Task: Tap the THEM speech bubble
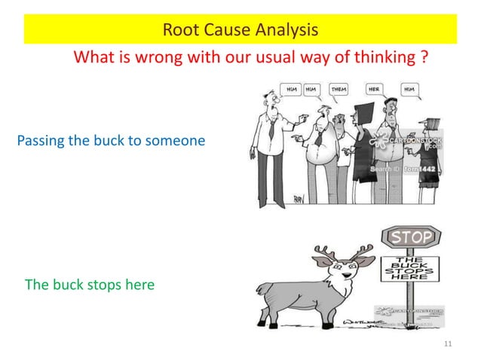click(339, 89)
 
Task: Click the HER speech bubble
click(374, 89)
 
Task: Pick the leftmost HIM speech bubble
click(291, 89)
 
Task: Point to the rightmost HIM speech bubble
click(410, 89)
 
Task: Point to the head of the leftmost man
click(270, 96)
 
